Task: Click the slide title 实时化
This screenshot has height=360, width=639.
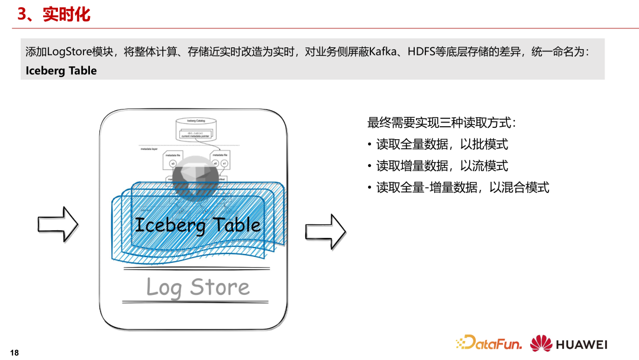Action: click(66, 14)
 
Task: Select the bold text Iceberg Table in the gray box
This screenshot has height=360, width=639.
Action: click(61, 70)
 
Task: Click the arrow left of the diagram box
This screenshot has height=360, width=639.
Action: click(58, 223)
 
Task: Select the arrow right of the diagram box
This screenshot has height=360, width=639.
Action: click(325, 231)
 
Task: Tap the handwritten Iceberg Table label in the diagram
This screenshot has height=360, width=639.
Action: click(198, 225)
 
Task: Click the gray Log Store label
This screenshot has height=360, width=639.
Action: click(198, 288)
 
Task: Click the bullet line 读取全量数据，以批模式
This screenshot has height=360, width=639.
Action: click(442, 144)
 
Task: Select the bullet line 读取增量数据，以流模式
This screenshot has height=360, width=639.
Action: click(442, 166)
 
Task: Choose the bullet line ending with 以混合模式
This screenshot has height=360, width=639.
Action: click(463, 188)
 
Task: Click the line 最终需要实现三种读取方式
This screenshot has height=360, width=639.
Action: click(441, 123)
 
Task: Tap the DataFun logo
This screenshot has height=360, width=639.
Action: click(489, 343)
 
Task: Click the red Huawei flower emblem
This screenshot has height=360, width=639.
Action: click(541, 343)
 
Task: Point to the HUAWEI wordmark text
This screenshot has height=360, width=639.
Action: click(582, 344)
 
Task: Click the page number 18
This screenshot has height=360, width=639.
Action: click(15, 353)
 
